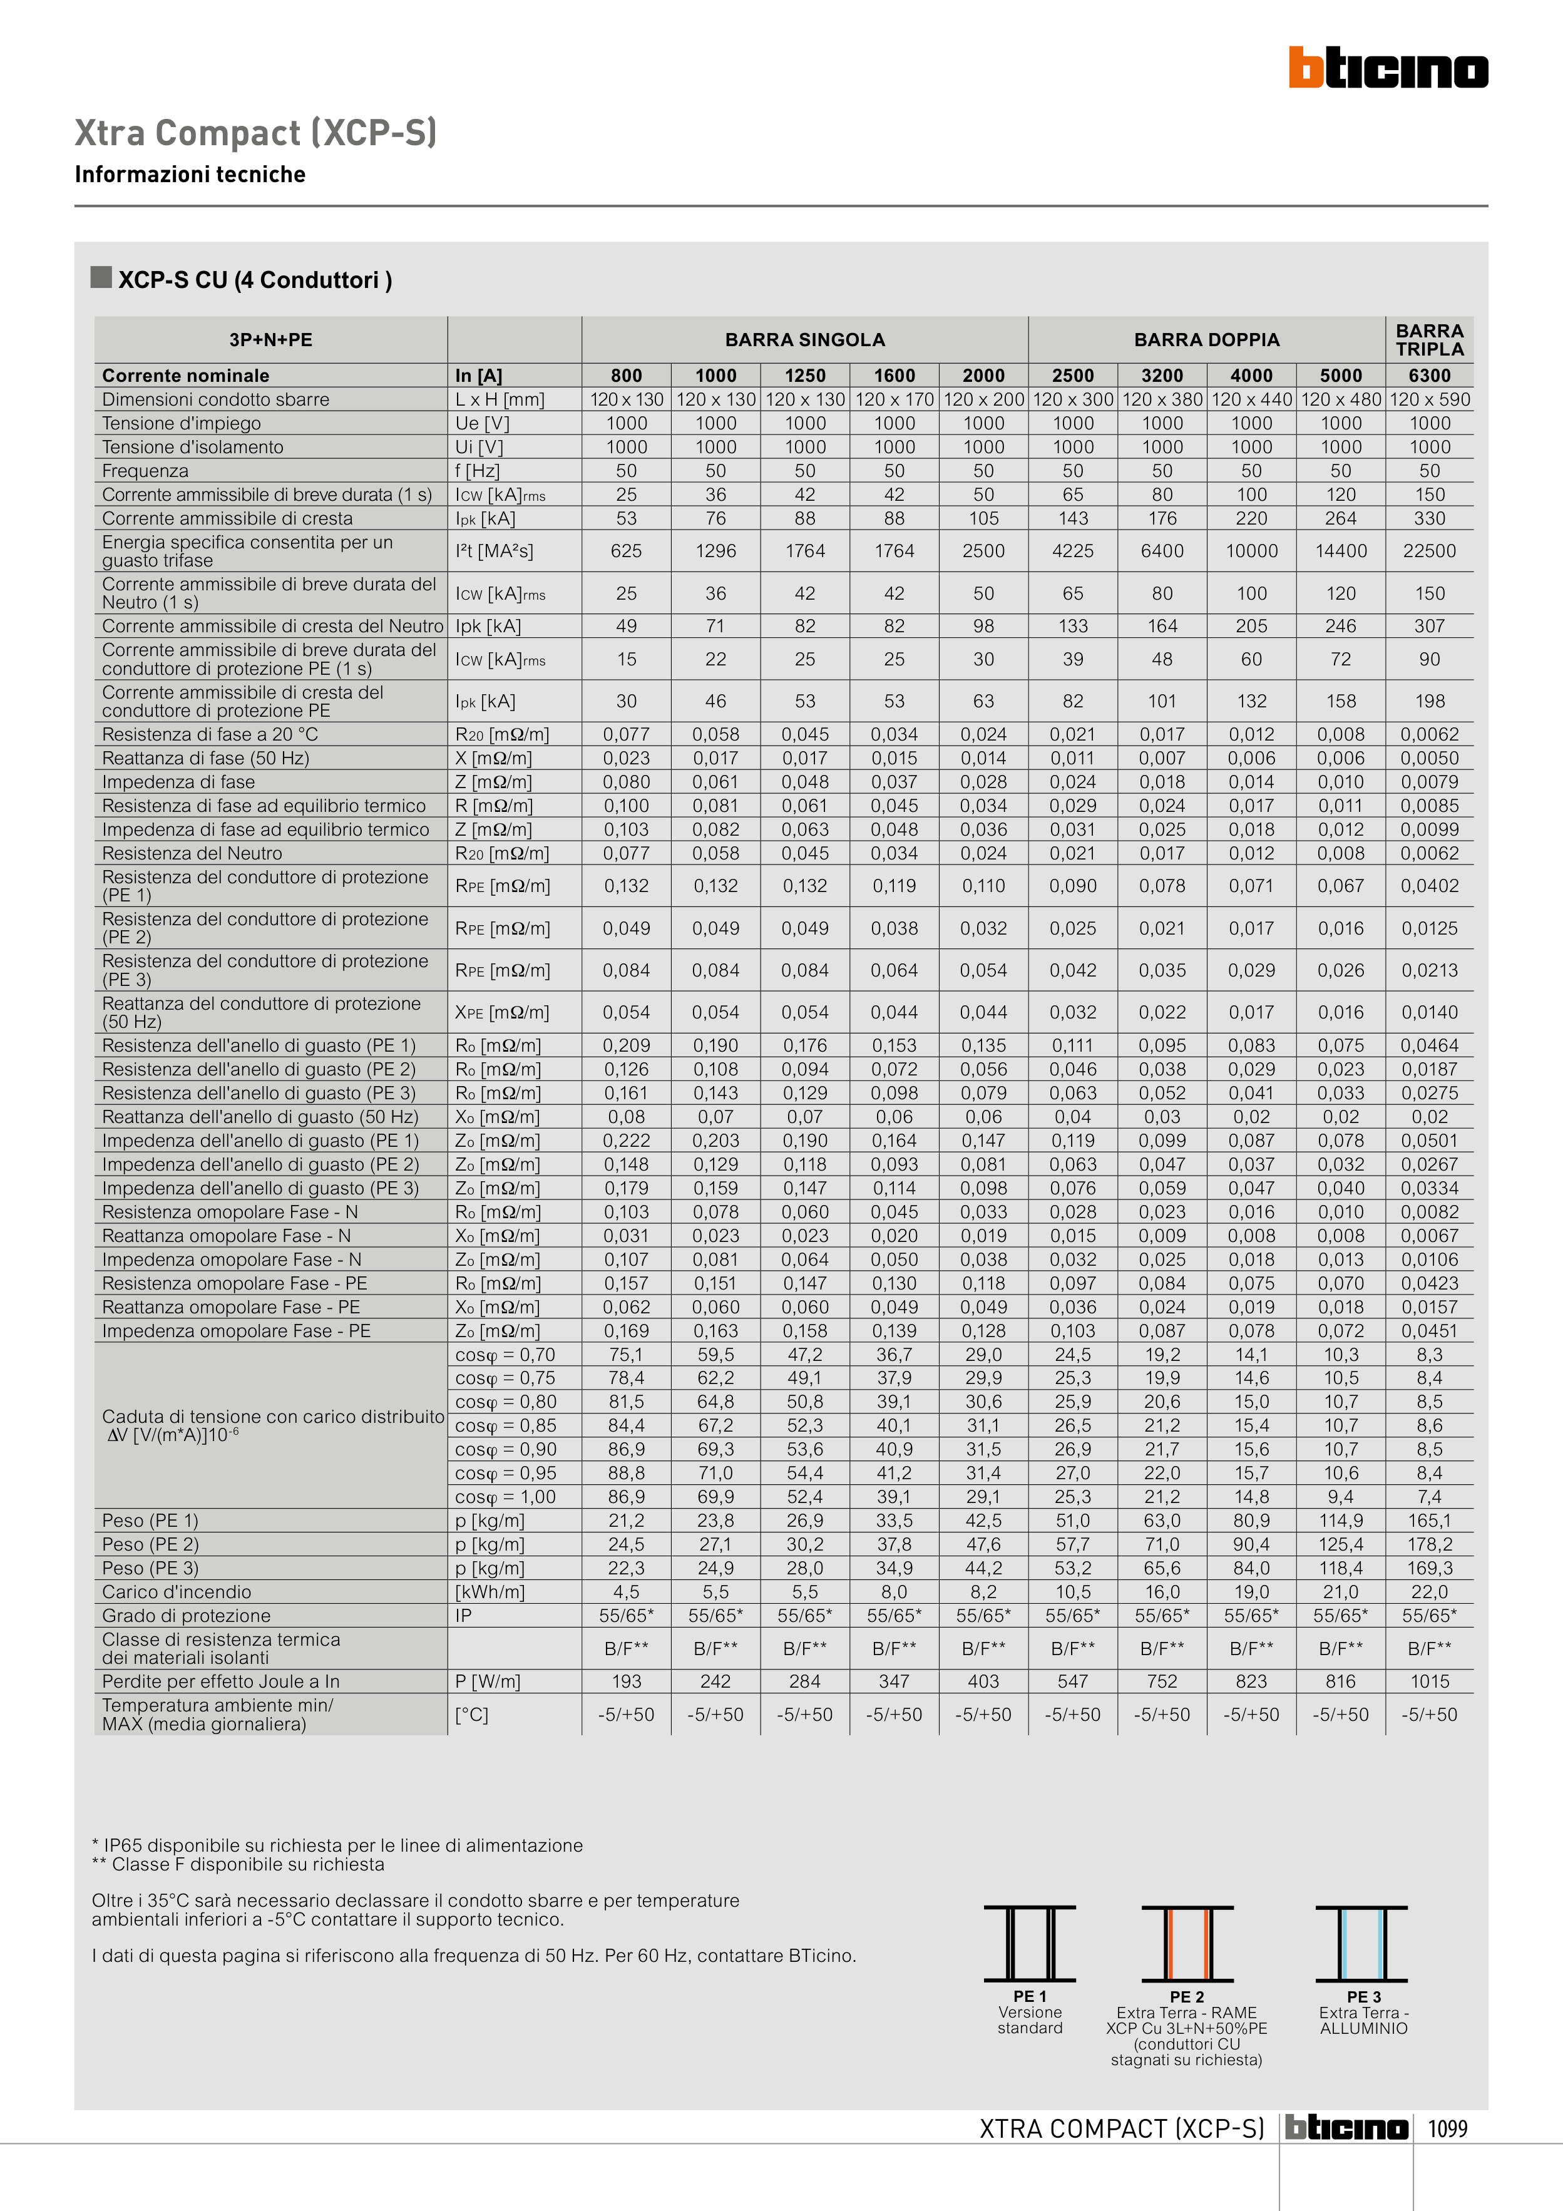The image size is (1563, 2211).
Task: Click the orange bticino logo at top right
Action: [x=1388, y=68]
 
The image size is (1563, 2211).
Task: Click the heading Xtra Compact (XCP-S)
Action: [x=256, y=133]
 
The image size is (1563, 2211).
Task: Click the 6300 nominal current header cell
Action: [x=1429, y=376]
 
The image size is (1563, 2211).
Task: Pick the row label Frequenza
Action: [x=145, y=471]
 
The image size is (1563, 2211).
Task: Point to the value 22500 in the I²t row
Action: [x=1429, y=551]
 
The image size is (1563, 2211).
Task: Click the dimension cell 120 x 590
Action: [x=1429, y=399]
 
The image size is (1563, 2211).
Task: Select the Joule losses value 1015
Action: [x=1429, y=1681]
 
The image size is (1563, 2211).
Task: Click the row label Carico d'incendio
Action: [x=177, y=1592]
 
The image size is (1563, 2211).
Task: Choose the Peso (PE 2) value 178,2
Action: [x=1429, y=1544]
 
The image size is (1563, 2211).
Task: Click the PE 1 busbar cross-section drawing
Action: [x=1030, y=1943]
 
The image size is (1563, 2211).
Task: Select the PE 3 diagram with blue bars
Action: [x=1361, y=1943]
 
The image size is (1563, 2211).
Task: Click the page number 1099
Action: [x=1447, y=2128]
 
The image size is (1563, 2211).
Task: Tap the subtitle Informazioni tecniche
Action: [x=190, y=174]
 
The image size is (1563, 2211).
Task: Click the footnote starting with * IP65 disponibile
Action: [x=337, y=1845]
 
